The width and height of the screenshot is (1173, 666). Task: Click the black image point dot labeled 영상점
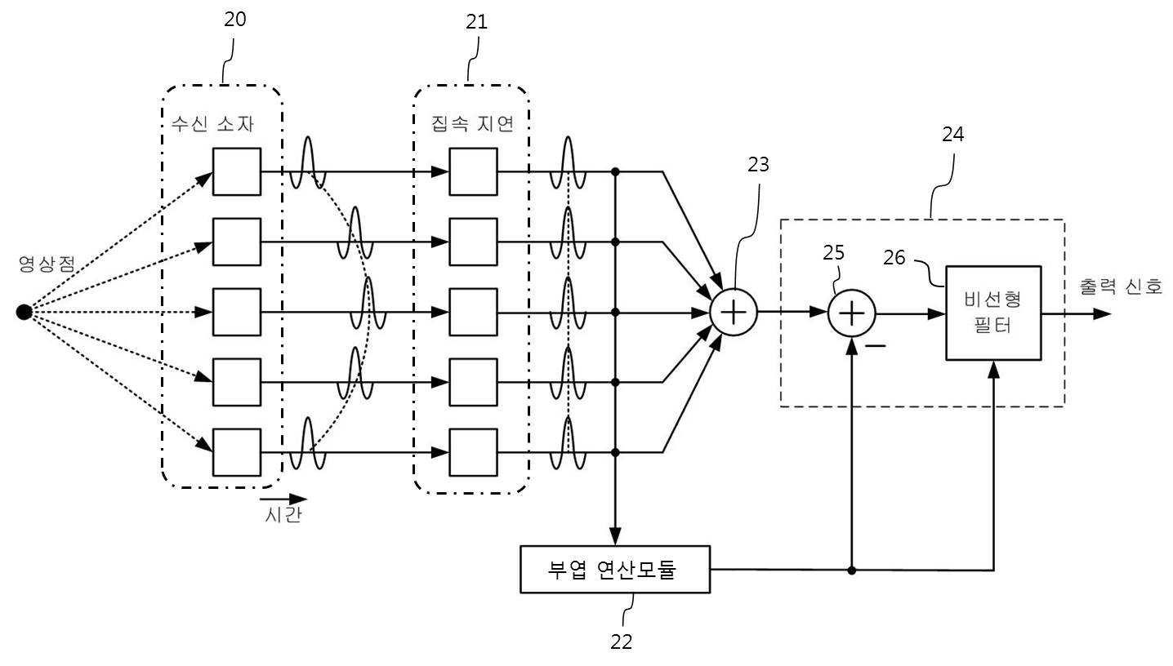24,313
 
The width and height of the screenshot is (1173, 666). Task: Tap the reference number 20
235,20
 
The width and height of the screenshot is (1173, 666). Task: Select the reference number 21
476,21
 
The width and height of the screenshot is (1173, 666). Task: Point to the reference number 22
621,642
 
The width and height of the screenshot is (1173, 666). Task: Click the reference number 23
758,165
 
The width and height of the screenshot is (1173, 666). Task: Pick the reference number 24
952,135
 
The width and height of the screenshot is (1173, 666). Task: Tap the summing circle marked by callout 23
734,313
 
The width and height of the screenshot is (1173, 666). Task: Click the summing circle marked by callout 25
852,313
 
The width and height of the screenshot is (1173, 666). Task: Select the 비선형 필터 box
993,313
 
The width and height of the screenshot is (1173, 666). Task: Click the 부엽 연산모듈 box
615,569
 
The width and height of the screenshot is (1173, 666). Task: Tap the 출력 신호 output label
1121,286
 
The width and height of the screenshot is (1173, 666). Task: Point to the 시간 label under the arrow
283,515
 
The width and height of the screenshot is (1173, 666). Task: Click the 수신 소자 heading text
212,124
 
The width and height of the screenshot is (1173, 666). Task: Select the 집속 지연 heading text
472,124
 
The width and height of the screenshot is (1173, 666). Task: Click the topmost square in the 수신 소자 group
237,171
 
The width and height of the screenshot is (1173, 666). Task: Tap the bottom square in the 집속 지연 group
474,452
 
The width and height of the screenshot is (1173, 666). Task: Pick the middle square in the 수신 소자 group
237,312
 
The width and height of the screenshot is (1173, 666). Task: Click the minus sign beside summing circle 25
875,346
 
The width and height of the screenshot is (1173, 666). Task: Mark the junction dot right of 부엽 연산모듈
852,571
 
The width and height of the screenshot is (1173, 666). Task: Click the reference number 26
894,257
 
